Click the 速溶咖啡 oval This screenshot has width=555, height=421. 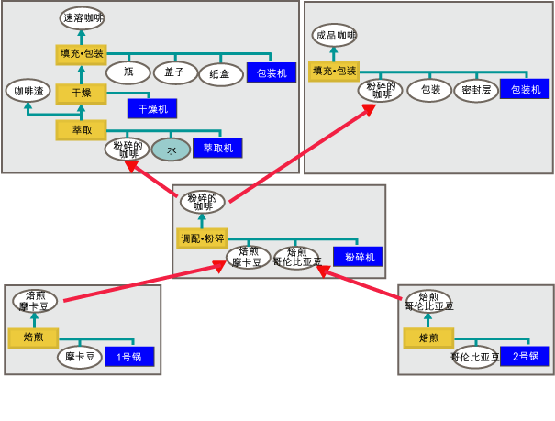(82, 17)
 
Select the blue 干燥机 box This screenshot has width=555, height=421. (151, 108)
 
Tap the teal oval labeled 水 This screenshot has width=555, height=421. (171, 149)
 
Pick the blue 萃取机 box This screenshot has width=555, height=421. (217, 148)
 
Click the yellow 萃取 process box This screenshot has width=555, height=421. (82, 130)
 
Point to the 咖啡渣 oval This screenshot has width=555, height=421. (27, 91)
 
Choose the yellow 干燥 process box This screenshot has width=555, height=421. (82, 93)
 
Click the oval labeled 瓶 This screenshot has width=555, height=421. (128, 72)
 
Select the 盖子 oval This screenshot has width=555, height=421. (174, 72)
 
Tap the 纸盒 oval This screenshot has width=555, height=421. (220, 72)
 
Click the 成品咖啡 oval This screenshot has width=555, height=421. (334, 36)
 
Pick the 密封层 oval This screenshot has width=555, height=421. (476, 90)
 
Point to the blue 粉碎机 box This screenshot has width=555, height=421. (359, 258)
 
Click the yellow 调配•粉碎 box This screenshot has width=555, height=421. (202, 238)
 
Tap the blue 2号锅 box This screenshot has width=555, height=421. (525, 356)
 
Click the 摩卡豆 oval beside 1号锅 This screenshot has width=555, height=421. (79, 356)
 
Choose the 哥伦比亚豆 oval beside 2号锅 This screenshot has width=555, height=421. (474, 357)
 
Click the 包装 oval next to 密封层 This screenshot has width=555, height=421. (430, 90)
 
